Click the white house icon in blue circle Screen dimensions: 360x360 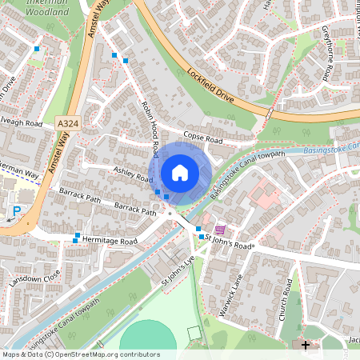179,172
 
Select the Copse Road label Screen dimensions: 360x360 202,138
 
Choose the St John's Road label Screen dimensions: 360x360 230,238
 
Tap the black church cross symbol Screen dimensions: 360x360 305,345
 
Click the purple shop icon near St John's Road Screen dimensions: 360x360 219,228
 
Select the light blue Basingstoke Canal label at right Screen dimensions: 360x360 330,150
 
